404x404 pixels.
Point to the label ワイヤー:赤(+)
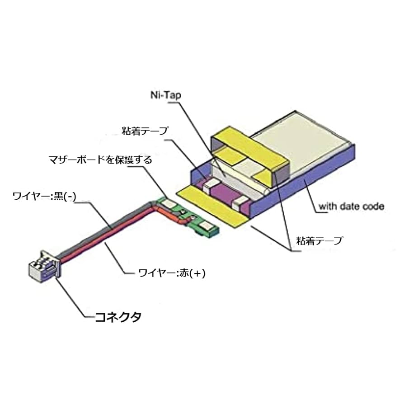172,273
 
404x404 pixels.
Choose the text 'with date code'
352,207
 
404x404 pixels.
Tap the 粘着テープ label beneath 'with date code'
319,240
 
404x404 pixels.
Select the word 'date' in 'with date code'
353,207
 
